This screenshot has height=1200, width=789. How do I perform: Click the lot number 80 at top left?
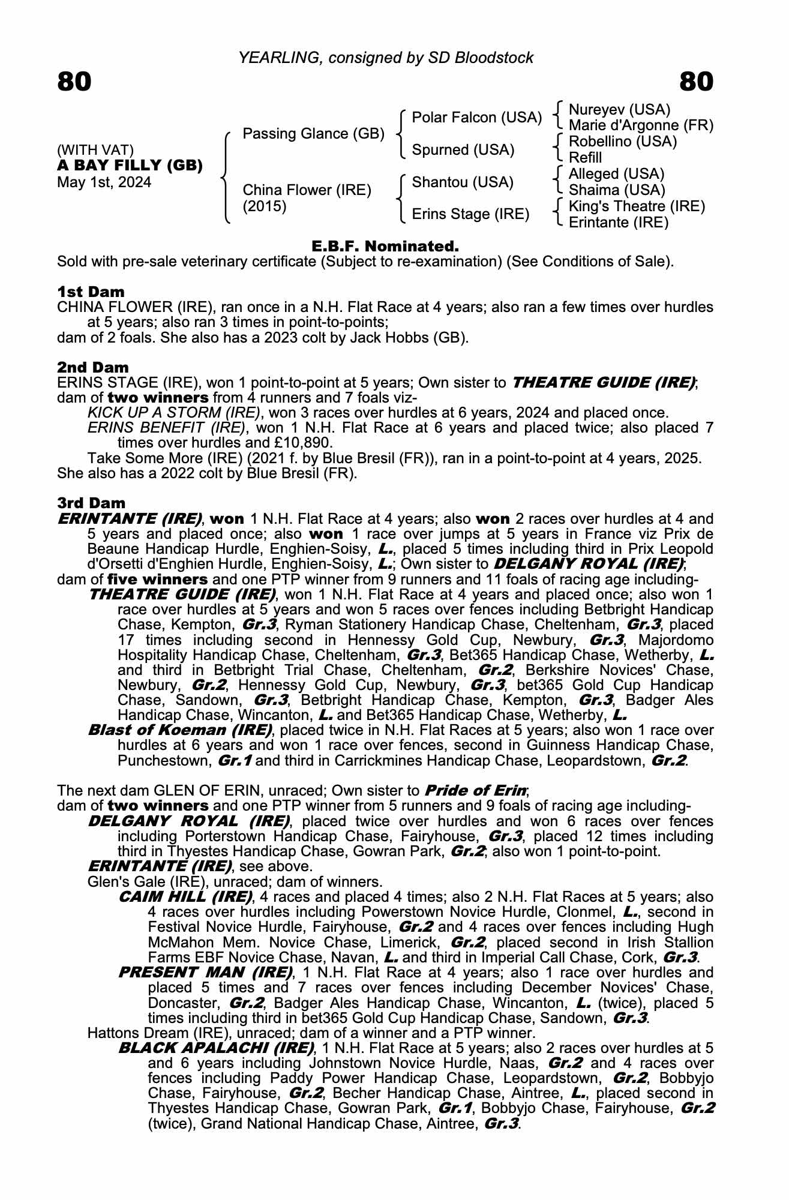(74, 82)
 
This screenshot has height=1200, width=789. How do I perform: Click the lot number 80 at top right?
(697, 82)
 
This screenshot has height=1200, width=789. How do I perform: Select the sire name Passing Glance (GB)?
(313, 134)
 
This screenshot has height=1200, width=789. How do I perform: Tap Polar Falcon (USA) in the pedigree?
(477, 118)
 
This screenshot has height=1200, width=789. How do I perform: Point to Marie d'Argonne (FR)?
(641, 126)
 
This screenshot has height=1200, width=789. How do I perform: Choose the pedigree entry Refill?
(585, 158)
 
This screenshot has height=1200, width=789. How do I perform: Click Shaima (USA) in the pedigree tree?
(617, 190)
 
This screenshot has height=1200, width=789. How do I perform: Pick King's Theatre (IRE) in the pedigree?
(637, 206)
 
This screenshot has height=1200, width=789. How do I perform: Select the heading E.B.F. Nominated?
(385, 246)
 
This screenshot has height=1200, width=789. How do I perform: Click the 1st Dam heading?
(91, 292)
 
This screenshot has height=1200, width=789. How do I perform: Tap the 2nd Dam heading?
(92, 367)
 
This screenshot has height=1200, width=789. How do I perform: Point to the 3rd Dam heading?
(91, 503)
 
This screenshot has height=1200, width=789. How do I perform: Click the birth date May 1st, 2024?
(104, 182)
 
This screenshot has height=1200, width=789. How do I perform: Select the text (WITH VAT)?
(95, 150)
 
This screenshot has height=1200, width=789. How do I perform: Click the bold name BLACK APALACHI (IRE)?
(216, 1048)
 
